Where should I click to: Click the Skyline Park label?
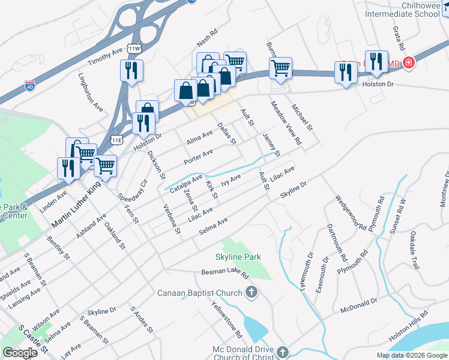[238, 257]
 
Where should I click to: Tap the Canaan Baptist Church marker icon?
[252, 293]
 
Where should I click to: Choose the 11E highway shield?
[116, 140]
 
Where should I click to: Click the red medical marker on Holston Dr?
[409, 62]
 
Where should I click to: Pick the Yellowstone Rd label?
[226, 319]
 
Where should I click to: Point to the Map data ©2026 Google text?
[412, 355]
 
